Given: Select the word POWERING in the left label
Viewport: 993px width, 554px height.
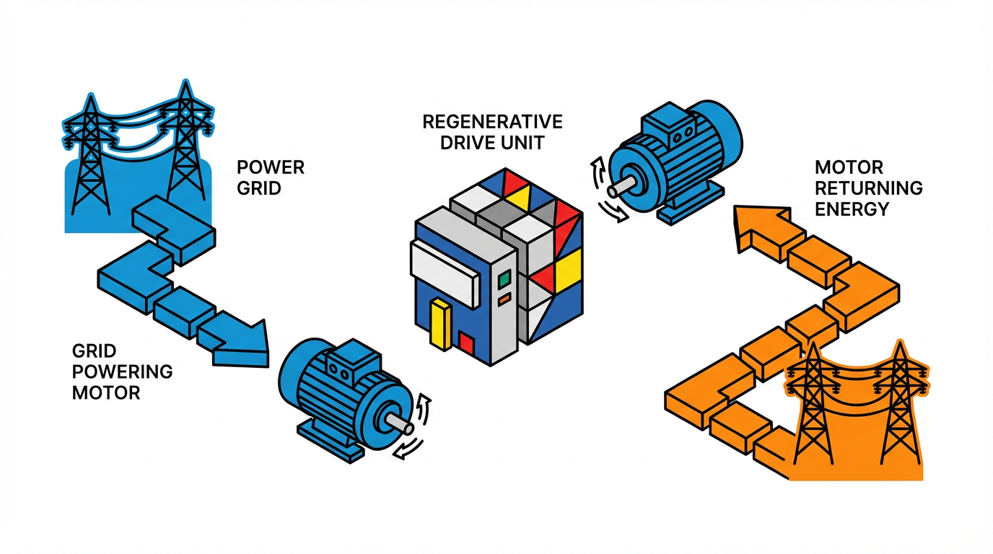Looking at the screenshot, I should pos(122,371).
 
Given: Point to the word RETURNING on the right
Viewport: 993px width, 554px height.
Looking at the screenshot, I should pos(868,188).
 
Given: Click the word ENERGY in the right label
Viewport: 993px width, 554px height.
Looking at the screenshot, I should pos(852,209).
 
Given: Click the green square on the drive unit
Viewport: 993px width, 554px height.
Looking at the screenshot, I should pos(504,278).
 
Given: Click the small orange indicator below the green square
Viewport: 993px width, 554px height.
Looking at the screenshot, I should pos(504,296).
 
